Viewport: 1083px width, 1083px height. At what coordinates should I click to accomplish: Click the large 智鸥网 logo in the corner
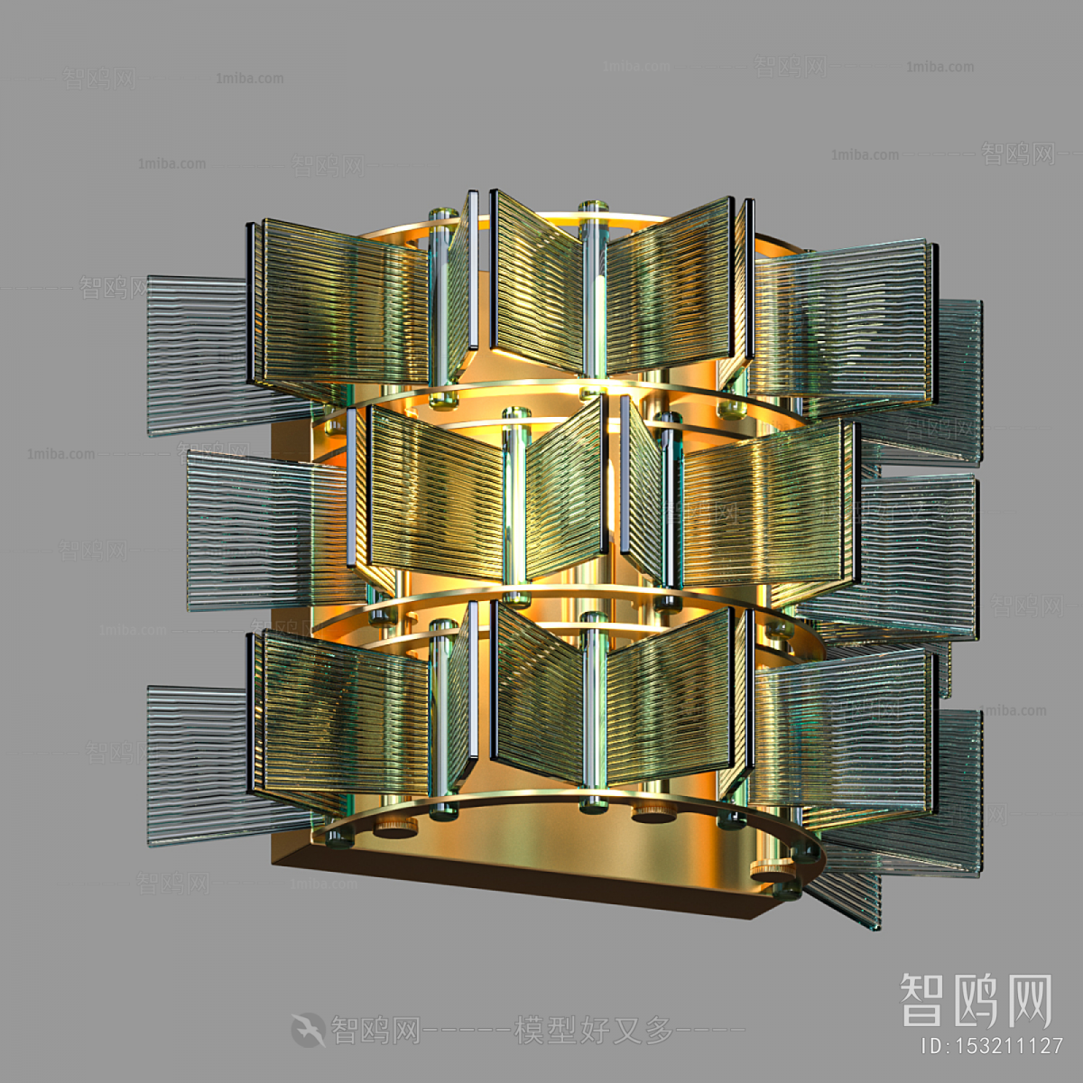976,1000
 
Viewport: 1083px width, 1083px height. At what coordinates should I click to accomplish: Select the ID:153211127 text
991,1047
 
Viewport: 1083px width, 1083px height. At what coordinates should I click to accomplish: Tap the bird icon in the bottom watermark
308,1029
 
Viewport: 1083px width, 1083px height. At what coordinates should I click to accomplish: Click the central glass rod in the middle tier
516,505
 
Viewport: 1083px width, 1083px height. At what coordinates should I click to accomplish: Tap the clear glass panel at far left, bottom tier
195,763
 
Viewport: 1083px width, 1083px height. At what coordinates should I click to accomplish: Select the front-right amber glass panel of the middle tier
763,510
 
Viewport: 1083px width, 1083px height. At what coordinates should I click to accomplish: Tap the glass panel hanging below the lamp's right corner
844,893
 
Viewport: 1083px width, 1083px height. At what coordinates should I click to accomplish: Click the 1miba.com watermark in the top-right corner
940,67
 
